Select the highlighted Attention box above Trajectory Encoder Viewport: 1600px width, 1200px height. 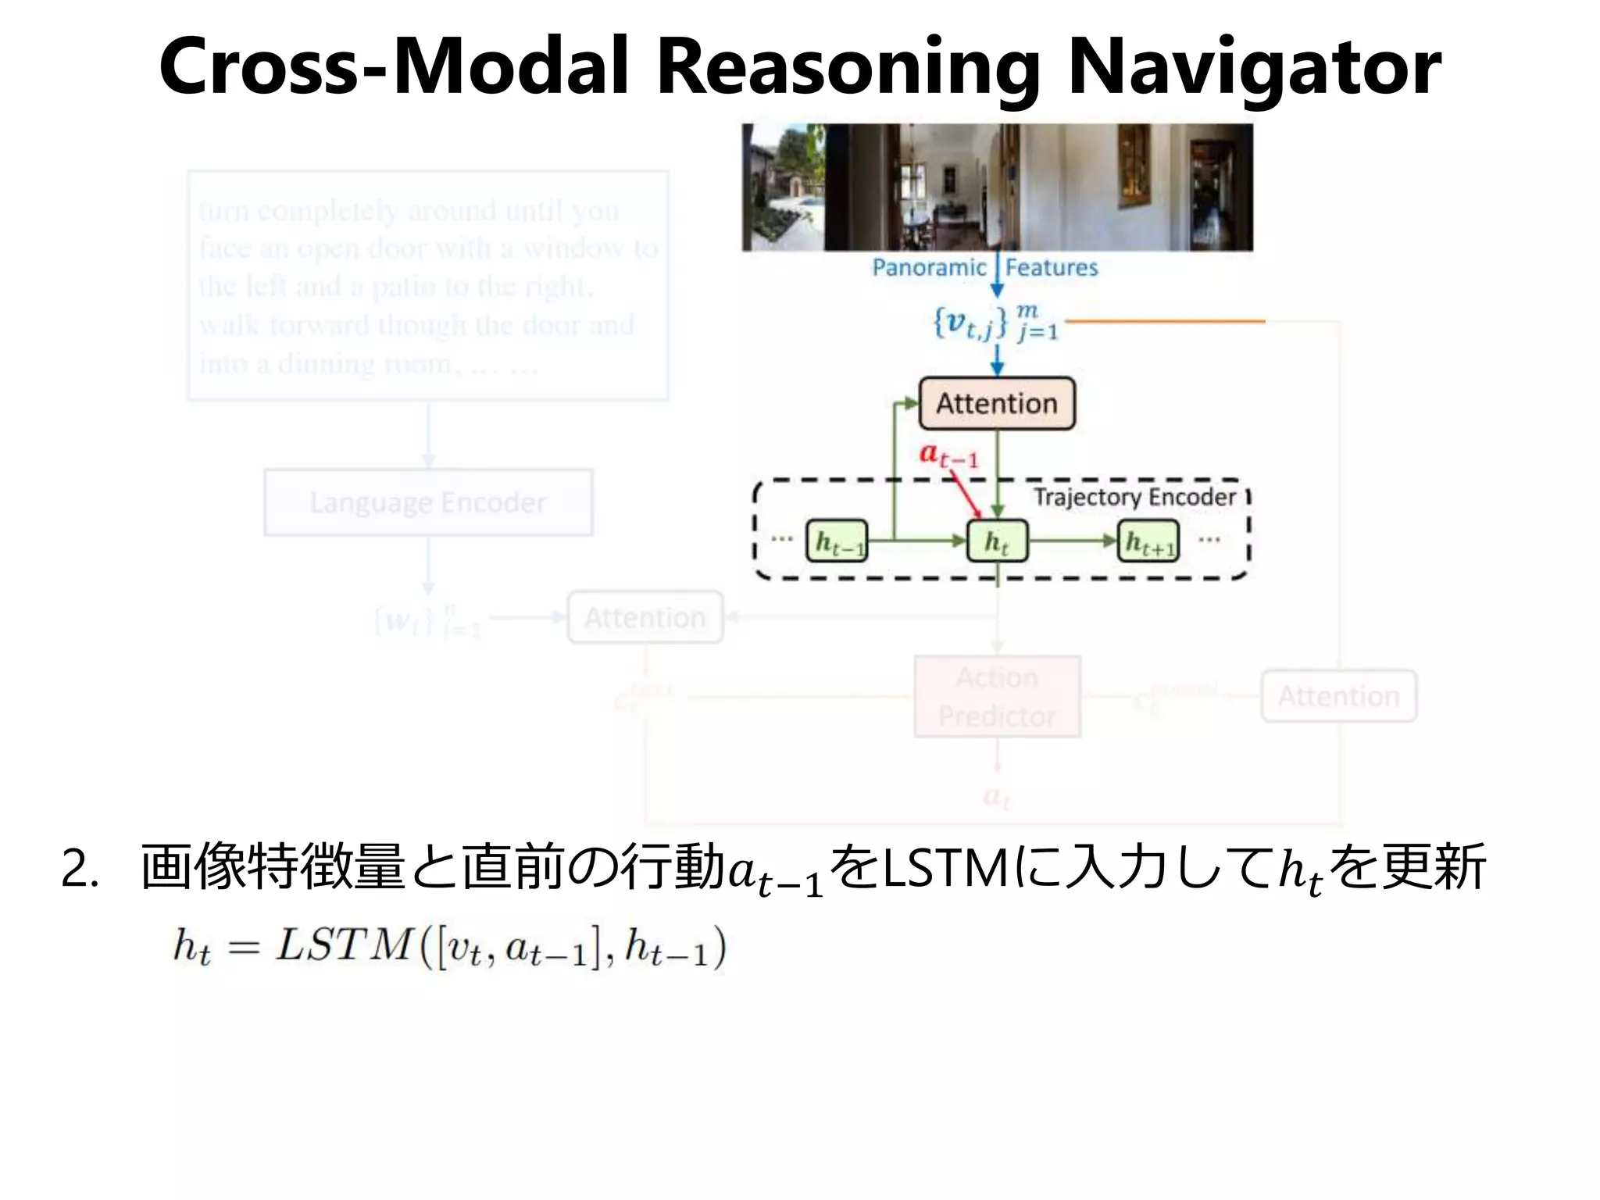click(997, 404)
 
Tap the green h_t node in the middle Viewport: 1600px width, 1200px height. click(997, 541)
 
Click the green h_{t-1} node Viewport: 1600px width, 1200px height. click(837, 541)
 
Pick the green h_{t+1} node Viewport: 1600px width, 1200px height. click(1148, 541)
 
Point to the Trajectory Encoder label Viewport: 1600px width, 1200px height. click(1134, 497)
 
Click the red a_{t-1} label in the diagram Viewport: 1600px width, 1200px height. click(948, 454)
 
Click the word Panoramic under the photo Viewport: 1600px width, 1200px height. click(929, 268)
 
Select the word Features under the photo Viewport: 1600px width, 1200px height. click(1052, 268)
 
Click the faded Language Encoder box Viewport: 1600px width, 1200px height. click(428, 502)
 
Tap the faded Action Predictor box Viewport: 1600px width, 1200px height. click(997, 697)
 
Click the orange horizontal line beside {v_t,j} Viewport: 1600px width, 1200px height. click(1164, 321)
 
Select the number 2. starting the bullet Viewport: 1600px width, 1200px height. click(80, 870)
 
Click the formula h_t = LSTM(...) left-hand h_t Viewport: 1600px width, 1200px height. click(191, 947)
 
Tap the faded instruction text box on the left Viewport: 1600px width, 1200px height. click(428, 286)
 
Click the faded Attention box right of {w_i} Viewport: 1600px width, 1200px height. click(645, 618)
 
